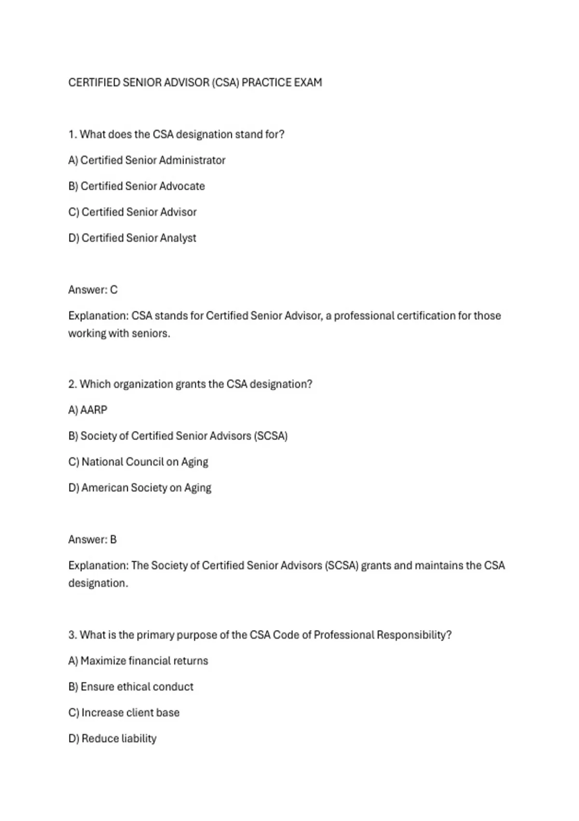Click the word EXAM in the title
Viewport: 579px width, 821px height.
click(x=308, y=83)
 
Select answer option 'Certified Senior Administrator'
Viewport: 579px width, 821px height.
click(x=147, y=160)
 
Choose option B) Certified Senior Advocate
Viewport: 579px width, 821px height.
click(x=137, y=186)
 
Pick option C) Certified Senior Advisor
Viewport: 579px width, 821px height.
click(x=133, y=212)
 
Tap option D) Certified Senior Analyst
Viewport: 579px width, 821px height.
click(x=132, y=238)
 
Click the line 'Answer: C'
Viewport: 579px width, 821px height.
click(x=93, y=290)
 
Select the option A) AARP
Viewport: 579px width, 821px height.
click(x=88, y=410)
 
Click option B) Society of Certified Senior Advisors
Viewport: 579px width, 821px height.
click(x=178, y=436)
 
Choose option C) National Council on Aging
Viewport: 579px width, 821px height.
click(x=138, y=462)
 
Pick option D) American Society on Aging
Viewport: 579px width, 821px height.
click(x=140, y=488)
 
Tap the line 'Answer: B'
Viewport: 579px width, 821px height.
click(x=93, y=539)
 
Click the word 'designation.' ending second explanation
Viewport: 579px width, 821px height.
click(x=98, y=583)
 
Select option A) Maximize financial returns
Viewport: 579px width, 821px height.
click(x=138, y=661)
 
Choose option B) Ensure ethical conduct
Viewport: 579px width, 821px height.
click(x=131, y=687)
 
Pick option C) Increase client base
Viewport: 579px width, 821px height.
click(x=124, y=713)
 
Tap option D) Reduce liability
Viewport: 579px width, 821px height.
click(x=112, y=738)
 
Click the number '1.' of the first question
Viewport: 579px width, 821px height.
click(x=73, y=134)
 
